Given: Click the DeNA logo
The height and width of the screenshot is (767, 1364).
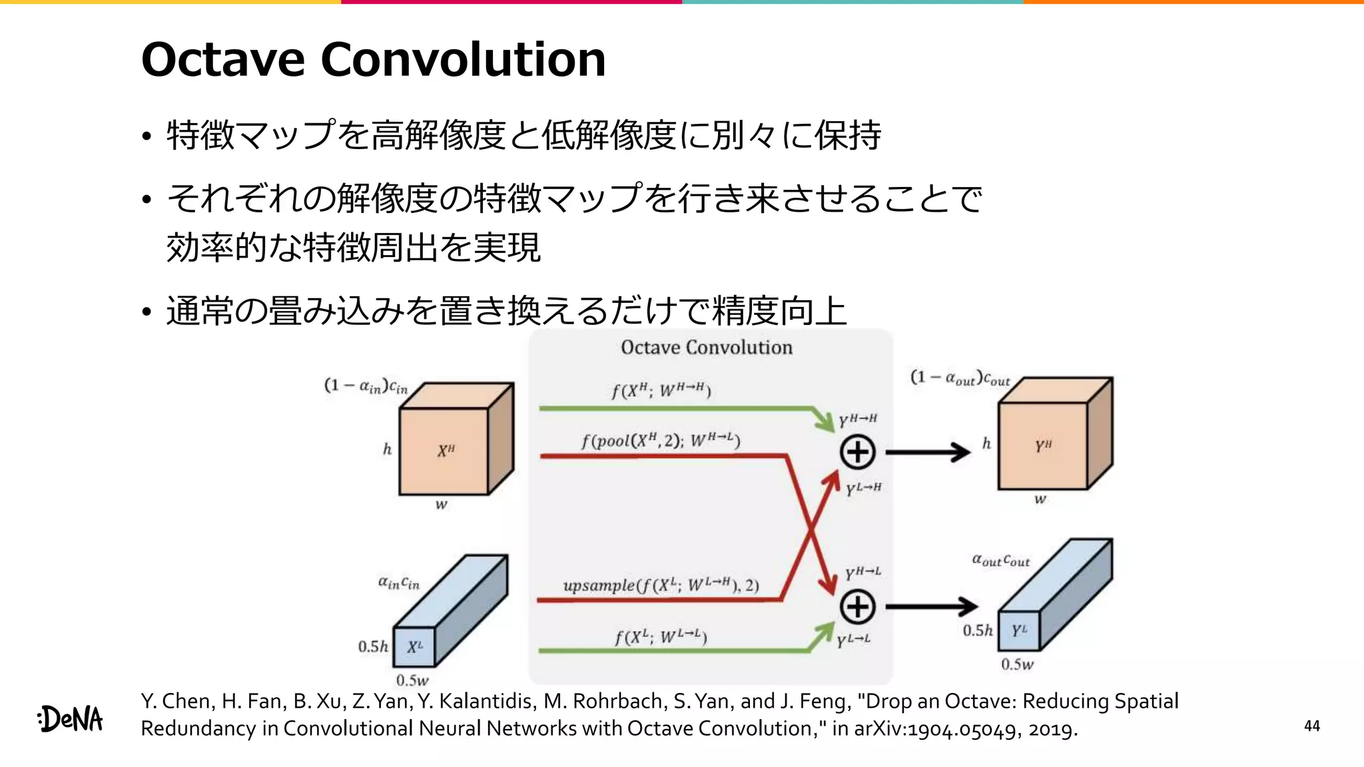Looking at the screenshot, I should point(71,719).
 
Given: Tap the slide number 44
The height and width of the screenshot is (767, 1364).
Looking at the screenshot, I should point(1311,726).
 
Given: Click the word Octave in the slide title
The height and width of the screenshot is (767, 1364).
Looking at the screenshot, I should point(223,59).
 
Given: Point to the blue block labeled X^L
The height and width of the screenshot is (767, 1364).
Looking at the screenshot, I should point(414,646).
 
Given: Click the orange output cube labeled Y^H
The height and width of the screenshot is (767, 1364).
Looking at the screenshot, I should point(1043,445).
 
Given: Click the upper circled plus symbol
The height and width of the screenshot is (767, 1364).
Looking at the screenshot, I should point(857,452).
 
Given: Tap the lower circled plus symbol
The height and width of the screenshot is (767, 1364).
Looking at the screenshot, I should point(857,607).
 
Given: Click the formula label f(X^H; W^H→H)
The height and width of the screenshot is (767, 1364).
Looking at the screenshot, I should point(661,390).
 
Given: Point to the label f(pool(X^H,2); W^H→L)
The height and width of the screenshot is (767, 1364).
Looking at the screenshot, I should point(660,440).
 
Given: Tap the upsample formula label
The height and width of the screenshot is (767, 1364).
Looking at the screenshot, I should point(661,586).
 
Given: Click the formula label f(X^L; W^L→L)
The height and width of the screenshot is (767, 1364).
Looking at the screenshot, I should point(660,637).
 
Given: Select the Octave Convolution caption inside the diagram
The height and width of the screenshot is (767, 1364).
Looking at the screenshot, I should point(707,348).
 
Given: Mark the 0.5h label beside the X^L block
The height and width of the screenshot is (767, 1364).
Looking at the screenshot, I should point(373,646).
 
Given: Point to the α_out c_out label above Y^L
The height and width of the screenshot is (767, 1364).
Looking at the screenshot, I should point(1000,560).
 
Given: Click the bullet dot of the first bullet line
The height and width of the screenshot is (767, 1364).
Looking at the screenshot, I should point(147,136).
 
